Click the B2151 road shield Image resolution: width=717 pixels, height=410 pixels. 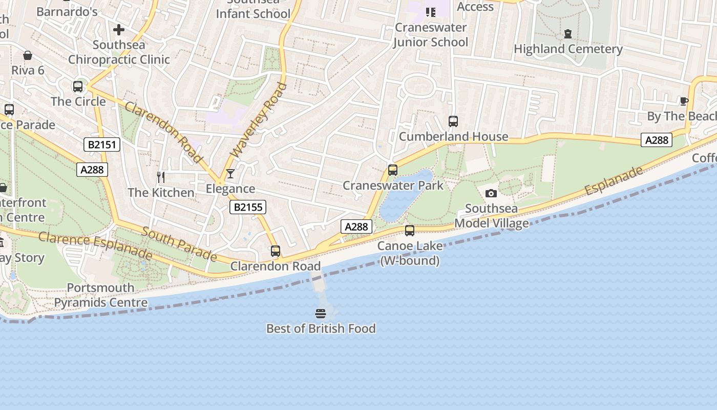[x=102, y=145]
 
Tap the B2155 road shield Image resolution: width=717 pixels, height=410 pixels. [x=247, y=207]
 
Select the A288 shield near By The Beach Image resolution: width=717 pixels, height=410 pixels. [x=656, y=140]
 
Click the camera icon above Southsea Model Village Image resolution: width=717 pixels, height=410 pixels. [x=491, y=193]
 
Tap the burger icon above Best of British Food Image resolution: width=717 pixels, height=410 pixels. [x=321, y=313]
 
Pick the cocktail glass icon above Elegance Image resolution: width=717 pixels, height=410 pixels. [x=230, y=174]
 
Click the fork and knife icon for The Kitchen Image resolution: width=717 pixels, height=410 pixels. [x=161, y=177]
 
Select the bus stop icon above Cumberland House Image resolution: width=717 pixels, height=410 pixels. [x=453, y=121]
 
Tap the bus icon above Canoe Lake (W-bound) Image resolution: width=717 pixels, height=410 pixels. [x=409, y=231]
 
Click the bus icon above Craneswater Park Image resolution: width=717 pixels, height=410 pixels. [x=392, y=170]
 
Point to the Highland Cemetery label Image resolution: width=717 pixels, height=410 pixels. [x=567, y=49]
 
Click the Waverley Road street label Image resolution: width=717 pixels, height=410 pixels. [x=259, y=120]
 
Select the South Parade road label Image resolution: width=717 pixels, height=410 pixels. [x=179, y=243]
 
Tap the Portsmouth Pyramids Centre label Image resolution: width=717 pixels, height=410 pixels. [x=101, y=295]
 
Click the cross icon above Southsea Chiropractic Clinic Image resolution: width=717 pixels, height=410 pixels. [x=119, y=30]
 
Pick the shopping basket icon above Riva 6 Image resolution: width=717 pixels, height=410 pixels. [x=27, y=55]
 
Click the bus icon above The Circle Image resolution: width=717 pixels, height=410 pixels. [x=78, y=87]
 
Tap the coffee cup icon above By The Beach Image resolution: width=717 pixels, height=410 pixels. [x=683, y=101]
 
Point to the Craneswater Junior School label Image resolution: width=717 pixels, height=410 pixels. [x=431, y=35]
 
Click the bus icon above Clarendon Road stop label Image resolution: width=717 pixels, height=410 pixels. [x=275, y=251]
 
